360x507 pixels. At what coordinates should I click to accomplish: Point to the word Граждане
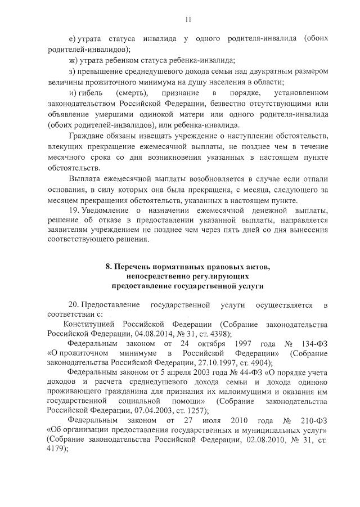86,137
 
